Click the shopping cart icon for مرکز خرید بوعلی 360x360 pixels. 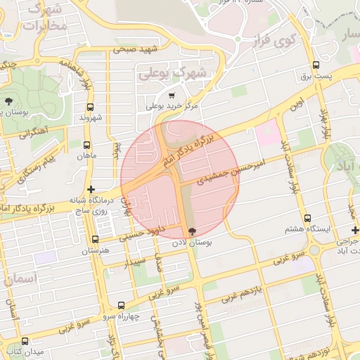pyautogui.click(x=172, y=94)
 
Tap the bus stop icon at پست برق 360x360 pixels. pyautogui.click(x=316, y=67)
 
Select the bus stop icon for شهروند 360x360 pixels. pyautogui.click(x=89, y=108)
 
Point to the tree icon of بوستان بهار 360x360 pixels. pyautogui.click(x=8, y=102)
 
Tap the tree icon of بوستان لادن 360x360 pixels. pyautogui.click(x=193, y=231)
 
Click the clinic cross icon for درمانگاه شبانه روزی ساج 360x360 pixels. pyautogui.click(x=90, y=190)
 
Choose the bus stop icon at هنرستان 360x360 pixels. pyautogui.click(x=96, y=240)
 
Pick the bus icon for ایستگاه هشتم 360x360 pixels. pyautogui.click(x=307, y=219)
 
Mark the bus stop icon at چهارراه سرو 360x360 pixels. pyautogui.click(x=121, y=305)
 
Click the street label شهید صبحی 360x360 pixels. pyautogui.click(x=136, y=49)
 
